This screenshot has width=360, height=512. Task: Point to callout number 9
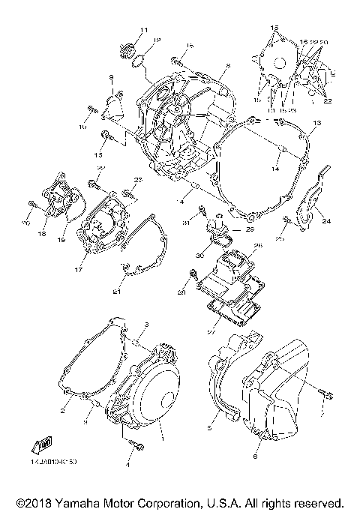coord(110,78)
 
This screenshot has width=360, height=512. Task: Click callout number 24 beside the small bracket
coord(326,221)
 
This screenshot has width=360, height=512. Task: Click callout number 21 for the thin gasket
coord(116,291)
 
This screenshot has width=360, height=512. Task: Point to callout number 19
coord(61,240)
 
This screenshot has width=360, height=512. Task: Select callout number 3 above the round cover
coord(147,324)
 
